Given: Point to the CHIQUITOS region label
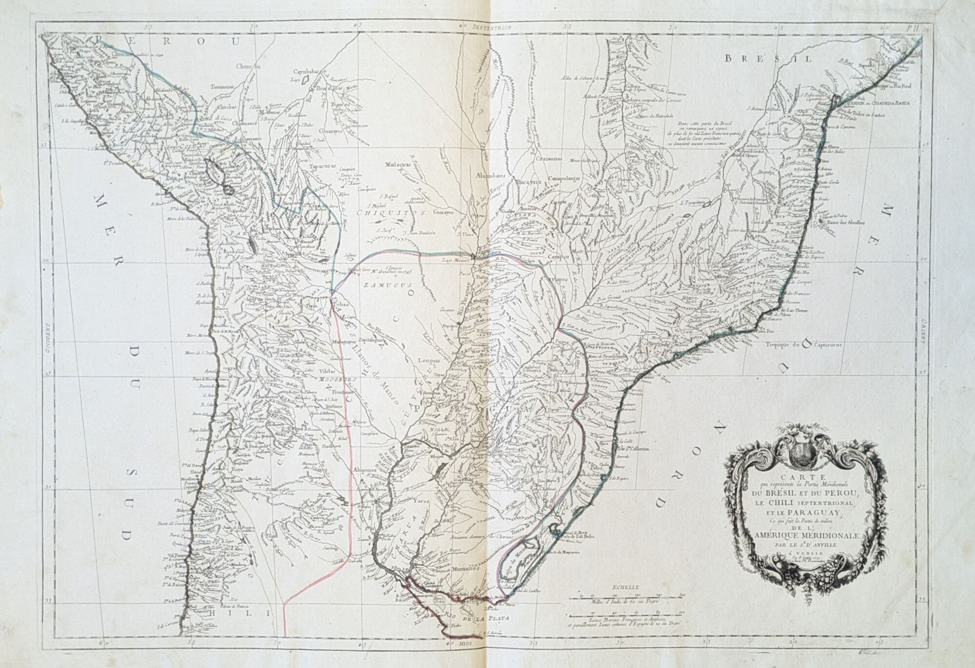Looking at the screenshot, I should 385,213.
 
